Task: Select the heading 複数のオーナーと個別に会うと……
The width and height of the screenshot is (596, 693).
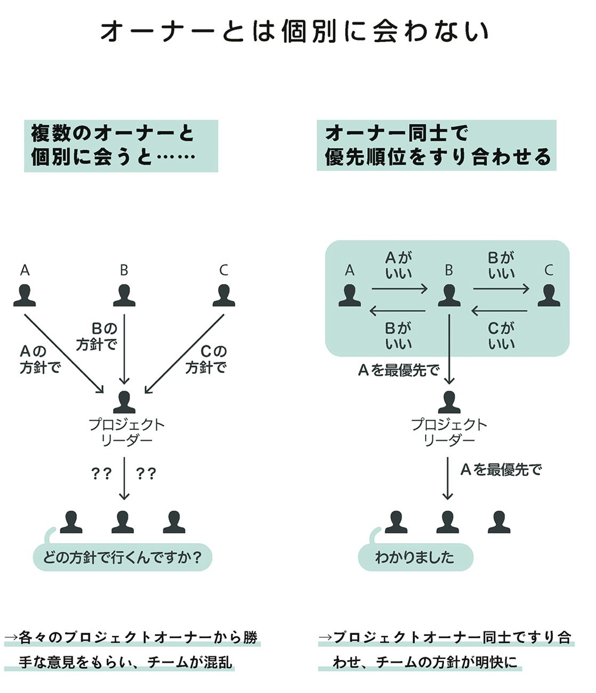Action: (121, 145)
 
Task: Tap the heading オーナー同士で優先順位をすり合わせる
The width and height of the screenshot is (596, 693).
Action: (436, 145)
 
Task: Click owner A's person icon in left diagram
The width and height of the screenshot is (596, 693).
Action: (25, 295)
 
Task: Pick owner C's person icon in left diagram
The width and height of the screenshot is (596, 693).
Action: (223, 295)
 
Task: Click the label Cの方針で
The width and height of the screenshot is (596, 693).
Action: (206, 360)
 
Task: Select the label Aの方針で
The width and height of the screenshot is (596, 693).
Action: (40, 360)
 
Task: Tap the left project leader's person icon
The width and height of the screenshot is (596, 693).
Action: (124, 402)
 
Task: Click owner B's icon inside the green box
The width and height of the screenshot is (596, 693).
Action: (449, 295)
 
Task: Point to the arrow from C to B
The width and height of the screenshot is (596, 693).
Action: (499, 311)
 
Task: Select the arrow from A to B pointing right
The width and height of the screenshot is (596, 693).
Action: (399, 290)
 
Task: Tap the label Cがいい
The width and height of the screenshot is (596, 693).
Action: (501, 336)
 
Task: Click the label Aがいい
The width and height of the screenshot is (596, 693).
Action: (399, 266)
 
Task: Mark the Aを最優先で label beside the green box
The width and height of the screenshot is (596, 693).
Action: (398, 370)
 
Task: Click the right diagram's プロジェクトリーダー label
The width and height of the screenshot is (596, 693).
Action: (449, 432)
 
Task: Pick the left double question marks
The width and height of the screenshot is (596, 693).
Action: (101, 474)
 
